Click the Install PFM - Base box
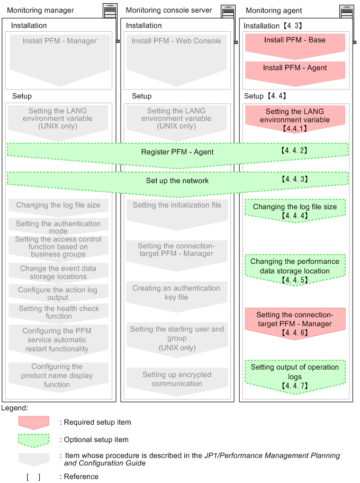coord(294,41)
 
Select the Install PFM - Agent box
coord(294,68)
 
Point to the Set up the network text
coord(177,181)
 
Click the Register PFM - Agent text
coord(177,152)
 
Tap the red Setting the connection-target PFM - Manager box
coord(294,324)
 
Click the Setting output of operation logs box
coord(294,375)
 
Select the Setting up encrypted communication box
coord(176,379)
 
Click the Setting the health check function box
coord(59,312)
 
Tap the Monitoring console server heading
coord(169,10)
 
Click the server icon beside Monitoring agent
coord(346,10)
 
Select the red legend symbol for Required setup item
coord(33,422)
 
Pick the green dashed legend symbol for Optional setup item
coord(33,440)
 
